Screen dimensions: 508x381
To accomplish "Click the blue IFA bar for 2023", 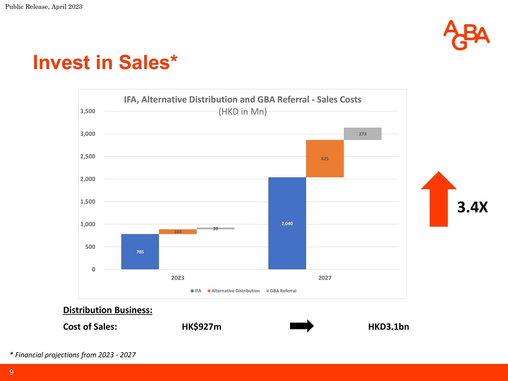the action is (140, 251).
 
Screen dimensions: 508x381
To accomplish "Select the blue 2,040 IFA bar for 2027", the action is (287, 223).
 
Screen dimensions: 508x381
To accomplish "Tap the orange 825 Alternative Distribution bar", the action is (325, 158).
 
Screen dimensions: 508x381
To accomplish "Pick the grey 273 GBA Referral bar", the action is (362, 134).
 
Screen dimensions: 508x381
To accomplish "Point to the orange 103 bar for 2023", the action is (178, 232).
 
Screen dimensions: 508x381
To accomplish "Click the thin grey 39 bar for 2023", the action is (215, 228).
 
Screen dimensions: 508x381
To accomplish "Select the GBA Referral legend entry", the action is (281, 291).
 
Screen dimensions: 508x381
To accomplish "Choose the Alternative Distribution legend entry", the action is (234, 291).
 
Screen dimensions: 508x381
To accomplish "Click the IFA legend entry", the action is (196, 291).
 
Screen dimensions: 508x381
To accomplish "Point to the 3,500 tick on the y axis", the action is (88, 111).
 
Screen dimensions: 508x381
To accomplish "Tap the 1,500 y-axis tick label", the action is (88, 202).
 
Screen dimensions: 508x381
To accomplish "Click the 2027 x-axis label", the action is (325, 278).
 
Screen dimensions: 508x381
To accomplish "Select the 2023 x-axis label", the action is (178, 278).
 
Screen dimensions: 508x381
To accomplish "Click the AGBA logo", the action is (466, 35).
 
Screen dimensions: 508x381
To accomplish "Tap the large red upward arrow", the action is (439, 199).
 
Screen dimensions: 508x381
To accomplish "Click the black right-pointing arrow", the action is (302, 326).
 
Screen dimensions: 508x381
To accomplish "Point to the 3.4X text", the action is (472, 207).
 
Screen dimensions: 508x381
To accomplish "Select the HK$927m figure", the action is (202, 327).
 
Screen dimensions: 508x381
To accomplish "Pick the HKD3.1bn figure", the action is (389, 327).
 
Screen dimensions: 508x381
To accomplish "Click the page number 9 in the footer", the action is (11, 372).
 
